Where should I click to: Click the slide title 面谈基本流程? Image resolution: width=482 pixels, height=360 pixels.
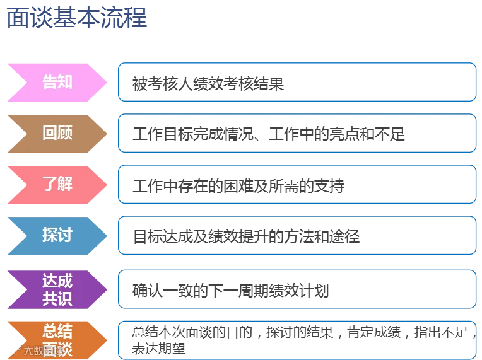77,18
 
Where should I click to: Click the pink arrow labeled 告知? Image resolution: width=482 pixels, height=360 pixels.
57,83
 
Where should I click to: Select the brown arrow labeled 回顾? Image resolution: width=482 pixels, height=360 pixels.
57,134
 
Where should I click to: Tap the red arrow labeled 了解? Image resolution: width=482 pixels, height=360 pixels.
57,185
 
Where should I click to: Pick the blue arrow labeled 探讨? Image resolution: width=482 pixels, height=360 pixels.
57,236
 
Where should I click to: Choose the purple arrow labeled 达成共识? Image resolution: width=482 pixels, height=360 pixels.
57,289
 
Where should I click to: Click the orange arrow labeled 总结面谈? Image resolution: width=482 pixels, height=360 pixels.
57,340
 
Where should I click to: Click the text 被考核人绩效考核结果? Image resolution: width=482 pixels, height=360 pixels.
208,84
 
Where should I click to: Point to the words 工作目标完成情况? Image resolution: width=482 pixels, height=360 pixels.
193,134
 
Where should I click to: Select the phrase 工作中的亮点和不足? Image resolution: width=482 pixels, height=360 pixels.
337,134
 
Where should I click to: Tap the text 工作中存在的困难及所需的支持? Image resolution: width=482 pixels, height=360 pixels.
238,186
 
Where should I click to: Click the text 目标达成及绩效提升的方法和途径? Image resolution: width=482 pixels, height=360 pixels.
246,237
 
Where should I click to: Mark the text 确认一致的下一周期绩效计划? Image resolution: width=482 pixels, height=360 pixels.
231,291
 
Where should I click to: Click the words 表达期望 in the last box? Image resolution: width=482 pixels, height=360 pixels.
158,348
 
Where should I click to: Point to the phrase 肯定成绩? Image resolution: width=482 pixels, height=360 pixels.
373,332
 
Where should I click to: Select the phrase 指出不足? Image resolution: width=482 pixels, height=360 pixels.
441,332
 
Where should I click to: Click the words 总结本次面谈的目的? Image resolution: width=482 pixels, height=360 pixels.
192,332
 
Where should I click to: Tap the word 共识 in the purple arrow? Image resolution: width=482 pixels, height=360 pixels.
57,299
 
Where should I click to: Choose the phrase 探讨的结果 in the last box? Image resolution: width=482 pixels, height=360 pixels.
300,332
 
